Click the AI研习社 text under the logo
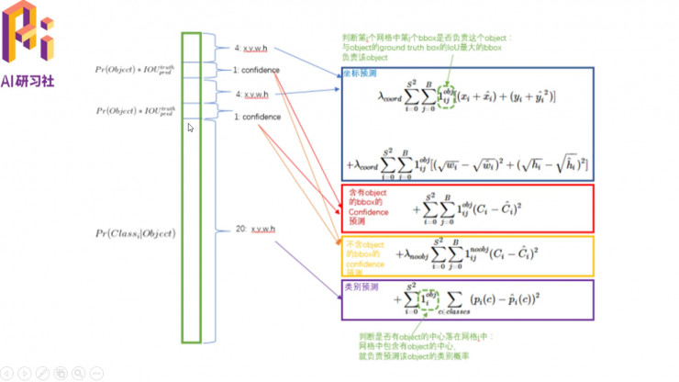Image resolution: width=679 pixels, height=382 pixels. click(28, 79)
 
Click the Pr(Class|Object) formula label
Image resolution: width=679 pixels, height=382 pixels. click(134, 234)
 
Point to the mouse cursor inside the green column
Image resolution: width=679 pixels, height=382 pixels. click(190, 129)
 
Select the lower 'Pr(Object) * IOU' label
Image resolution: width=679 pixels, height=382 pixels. click(133, 111)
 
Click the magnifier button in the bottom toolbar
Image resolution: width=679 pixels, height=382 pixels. click(76, 373)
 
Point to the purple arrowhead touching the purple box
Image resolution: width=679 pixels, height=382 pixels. click(337, 298)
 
